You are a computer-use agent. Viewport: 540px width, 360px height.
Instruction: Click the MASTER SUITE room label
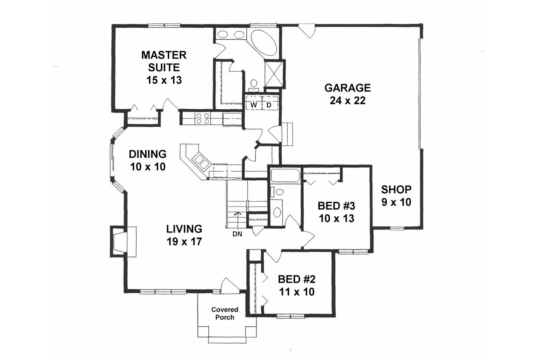164,67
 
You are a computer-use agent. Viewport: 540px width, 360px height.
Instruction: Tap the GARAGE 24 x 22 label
347,94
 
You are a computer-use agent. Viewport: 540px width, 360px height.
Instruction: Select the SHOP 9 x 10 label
396,195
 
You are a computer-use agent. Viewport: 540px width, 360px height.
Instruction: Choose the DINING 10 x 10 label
147,160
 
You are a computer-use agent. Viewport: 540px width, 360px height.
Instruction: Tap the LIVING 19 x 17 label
184,235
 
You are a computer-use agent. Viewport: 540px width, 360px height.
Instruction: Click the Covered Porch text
224,314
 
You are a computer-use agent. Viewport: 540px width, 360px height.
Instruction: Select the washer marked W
254,105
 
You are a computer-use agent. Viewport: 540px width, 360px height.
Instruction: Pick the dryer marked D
269,105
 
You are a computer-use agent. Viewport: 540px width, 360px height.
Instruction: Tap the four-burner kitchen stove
203,118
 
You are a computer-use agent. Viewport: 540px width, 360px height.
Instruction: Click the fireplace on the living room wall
119,241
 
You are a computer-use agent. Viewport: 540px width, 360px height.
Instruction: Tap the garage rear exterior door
306,31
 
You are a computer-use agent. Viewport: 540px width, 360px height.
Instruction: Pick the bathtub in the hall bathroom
285,176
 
